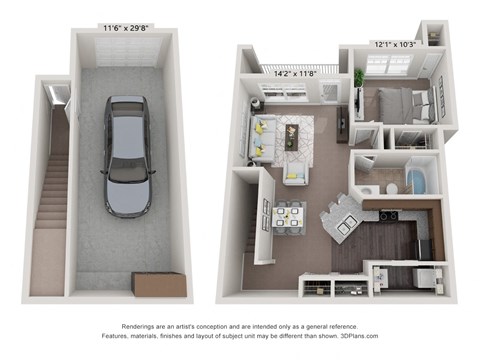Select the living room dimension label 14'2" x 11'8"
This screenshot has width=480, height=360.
coord(294,72)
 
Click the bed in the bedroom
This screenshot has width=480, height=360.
coord(405,103)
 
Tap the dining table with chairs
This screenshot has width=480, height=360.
coord(291,216)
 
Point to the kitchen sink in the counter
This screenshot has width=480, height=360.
coord(343,225)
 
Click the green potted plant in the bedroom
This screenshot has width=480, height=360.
coord(358,78)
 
